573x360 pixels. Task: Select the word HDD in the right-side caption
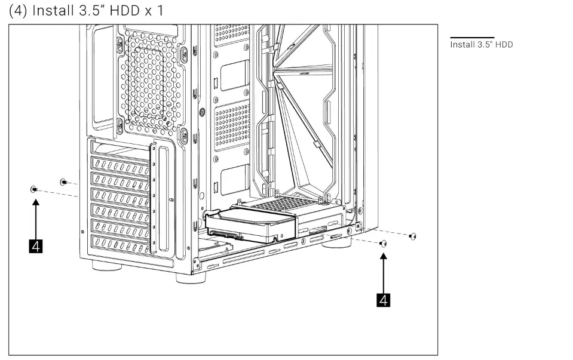[503, 45]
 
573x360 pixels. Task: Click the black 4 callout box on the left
[36, 246]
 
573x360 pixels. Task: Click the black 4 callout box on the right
[384, 300]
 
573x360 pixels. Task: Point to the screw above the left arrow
[34, 189]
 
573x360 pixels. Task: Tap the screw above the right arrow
[384, 243]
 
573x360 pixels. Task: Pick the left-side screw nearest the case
[63, 181]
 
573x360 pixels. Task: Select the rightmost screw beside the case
[412, 237]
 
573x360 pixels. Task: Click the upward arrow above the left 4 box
[36, 218]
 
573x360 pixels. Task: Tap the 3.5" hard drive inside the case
[250, 226]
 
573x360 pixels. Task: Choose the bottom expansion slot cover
[119, 245]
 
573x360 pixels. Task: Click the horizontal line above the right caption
[471, 38]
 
